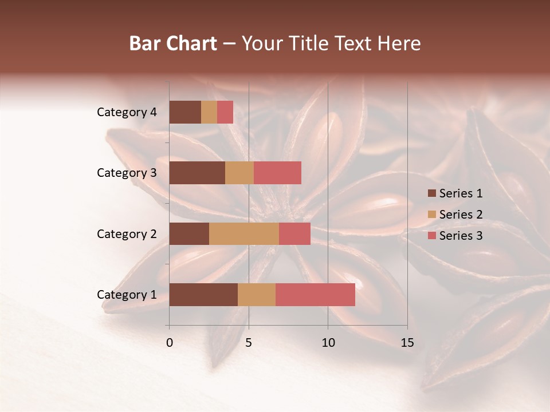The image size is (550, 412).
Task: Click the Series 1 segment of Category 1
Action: (203, 295)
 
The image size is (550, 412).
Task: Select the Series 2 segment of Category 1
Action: (257, 295)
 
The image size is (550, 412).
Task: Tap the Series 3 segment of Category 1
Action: (315, 295)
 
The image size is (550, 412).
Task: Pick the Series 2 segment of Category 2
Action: (244, 233)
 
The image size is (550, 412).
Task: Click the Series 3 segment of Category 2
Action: (294, 233)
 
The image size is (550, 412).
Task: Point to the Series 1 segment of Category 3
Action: (197, 173)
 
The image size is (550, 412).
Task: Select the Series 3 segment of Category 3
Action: (277, 173)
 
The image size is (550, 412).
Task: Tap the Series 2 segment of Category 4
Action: (209, 112)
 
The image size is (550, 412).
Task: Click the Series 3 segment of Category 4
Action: (225, 112)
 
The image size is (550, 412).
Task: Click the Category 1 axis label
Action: (127, 295)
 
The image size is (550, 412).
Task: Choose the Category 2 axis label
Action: (127, 234)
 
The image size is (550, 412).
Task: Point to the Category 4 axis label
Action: (127, 112)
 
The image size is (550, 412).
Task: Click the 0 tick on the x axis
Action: (170, 343)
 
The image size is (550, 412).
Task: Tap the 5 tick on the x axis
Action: (249, 343)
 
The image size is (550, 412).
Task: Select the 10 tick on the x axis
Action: (328, 343)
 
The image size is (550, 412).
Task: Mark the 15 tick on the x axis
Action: (407, 343)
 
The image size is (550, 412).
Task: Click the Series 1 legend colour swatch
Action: (431, 193)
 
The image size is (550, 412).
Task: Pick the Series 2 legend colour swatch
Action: (431, 215)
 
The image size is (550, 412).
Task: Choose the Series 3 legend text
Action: (461, 236)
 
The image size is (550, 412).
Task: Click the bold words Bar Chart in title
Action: (173, 43)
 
